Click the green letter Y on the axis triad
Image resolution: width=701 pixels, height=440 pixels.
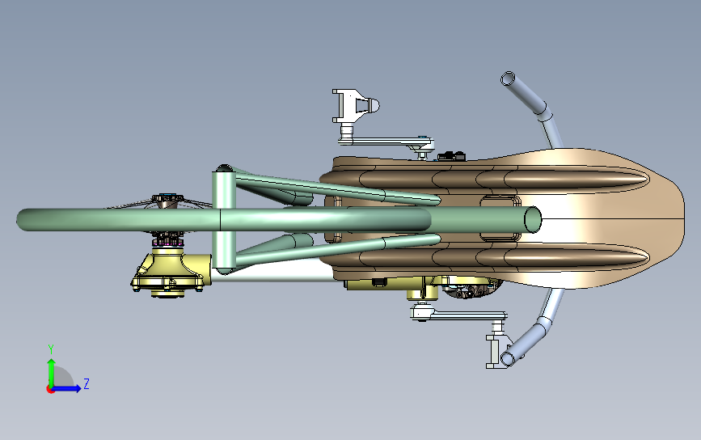(51, 349)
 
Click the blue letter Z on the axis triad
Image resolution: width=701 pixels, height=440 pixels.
(87, 383)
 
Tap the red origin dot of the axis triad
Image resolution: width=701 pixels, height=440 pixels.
(50, 389)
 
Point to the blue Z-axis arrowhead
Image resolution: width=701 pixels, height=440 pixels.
(77, 387)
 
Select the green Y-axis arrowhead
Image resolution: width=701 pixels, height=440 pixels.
(51, 362)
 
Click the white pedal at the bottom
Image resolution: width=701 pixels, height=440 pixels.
(498, 351)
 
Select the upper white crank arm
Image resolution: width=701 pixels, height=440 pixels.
(387, 142)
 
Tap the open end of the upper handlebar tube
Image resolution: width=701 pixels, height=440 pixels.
(508, 78)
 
